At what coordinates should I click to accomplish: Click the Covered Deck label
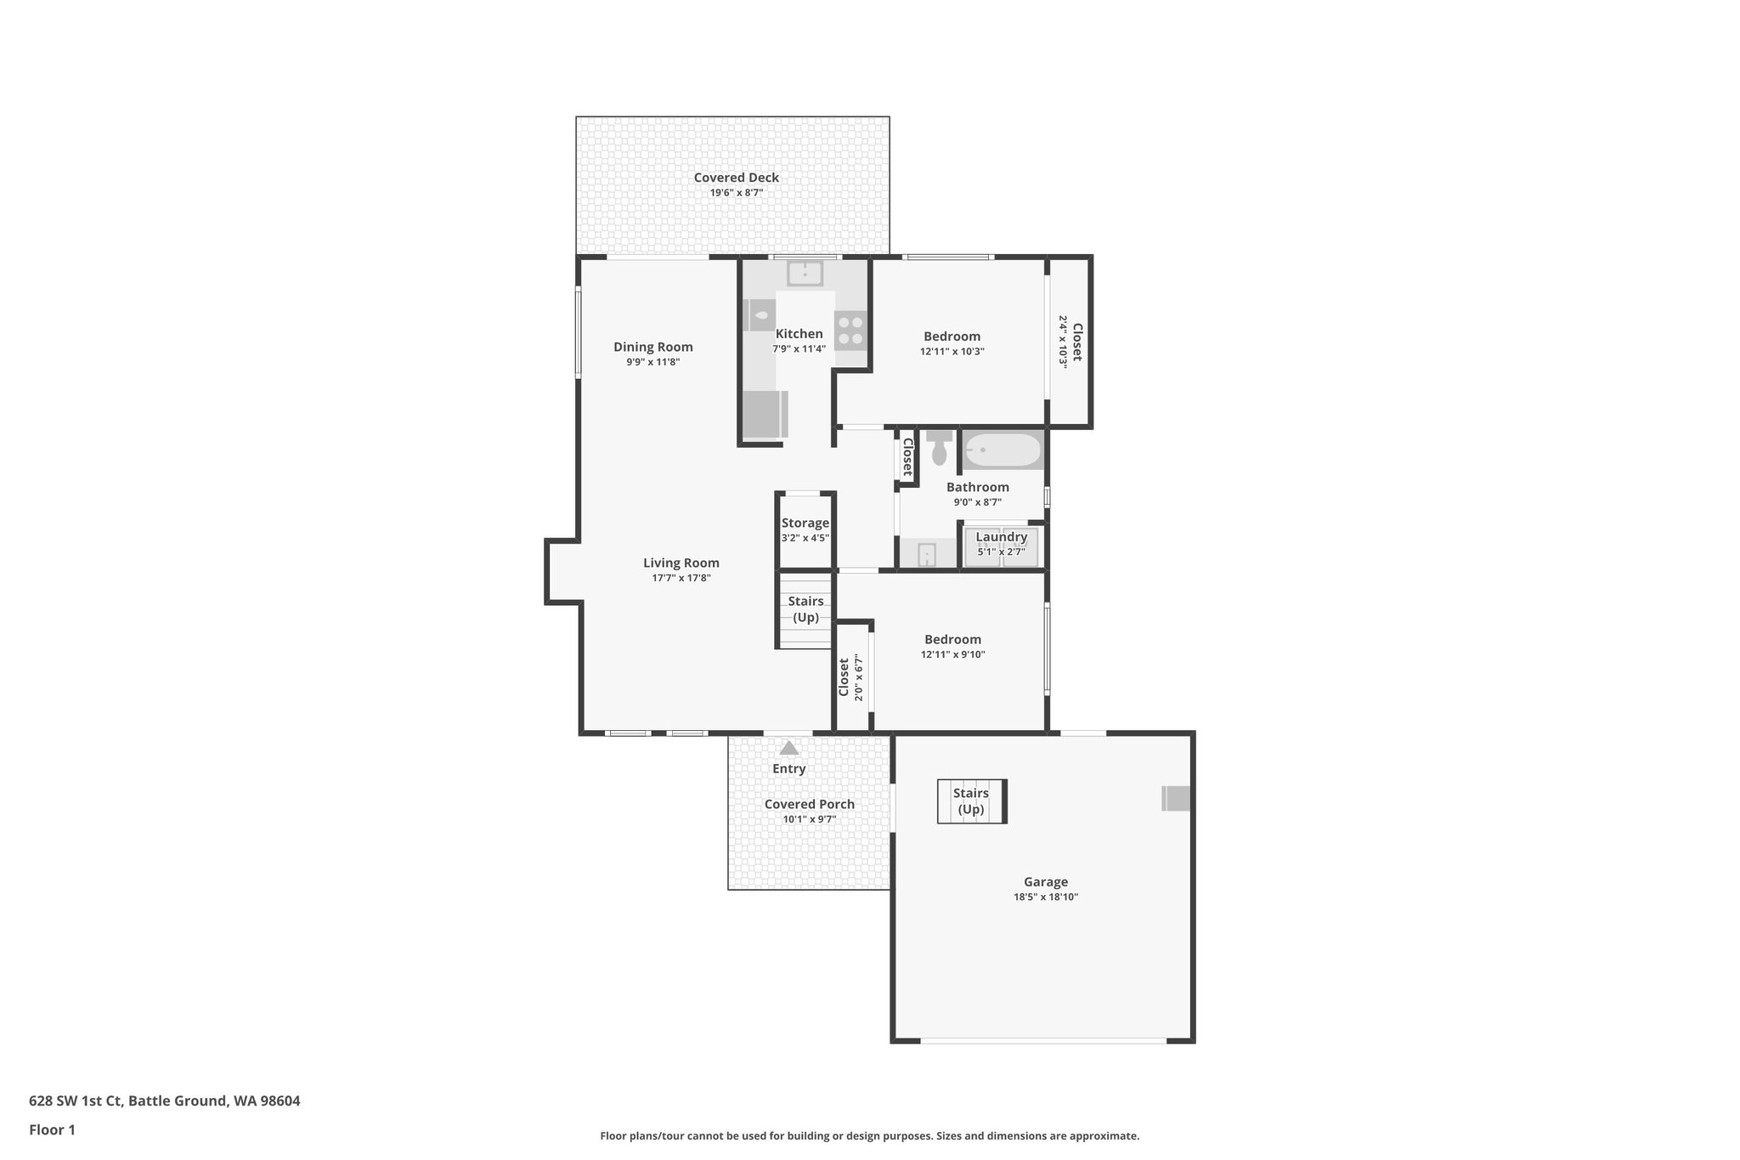point(736,178)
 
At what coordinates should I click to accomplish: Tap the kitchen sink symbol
point(804,274)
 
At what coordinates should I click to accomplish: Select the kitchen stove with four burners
point(850,331)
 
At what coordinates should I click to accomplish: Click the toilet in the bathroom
point(939,449)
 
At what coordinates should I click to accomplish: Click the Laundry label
point(1001,537)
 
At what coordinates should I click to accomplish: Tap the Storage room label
point(805,523)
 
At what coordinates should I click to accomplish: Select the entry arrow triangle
point(789,749)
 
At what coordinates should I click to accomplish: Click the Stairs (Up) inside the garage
point(971,801)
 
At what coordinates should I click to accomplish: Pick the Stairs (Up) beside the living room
point(805,609)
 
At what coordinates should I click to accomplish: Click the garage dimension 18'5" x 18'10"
point(1045,897)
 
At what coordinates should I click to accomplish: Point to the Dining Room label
point(652,347)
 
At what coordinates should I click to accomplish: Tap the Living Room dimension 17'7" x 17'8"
point(681,578)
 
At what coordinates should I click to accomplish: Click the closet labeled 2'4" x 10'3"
point(1070,342)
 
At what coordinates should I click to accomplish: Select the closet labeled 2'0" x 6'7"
point(850,677)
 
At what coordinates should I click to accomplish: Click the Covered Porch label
point(809,804)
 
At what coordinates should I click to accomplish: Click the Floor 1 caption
point(52,1129)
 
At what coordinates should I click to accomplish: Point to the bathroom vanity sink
point(927,555)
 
